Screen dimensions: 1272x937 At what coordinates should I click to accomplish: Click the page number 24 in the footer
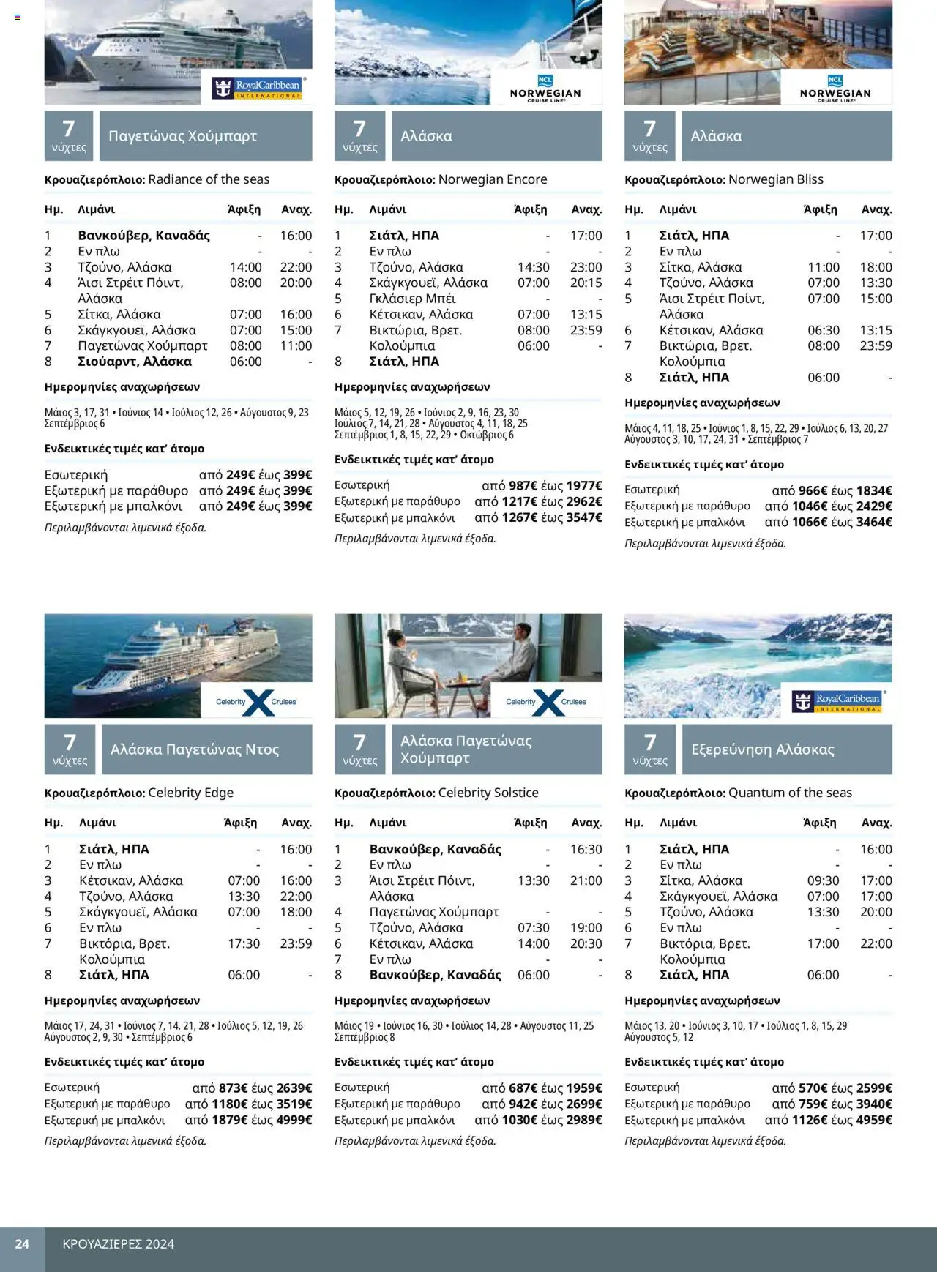click(x=22, y=1243)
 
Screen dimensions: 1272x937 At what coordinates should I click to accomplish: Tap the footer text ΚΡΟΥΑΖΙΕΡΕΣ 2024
click(x=119, y=1243)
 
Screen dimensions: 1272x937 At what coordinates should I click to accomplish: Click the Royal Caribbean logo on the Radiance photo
click(x=257, y=89)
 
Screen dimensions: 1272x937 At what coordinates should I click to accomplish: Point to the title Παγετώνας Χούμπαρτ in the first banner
click(x=183, y=136)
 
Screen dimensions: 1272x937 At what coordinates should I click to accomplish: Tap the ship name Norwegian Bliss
click(x=776, y=179)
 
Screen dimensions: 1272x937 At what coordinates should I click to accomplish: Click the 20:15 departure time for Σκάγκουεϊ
click(x=586, y=283)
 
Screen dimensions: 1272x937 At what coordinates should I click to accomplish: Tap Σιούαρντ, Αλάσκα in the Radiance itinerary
click(x=135, y=362)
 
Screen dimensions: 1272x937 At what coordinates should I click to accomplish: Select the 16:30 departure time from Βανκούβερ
click(x=586, y=849)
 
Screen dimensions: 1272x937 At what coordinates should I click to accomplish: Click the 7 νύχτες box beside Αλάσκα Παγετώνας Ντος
click(x=70, y=749)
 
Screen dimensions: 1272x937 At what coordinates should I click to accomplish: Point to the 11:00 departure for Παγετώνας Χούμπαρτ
click(x=296, y=345)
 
